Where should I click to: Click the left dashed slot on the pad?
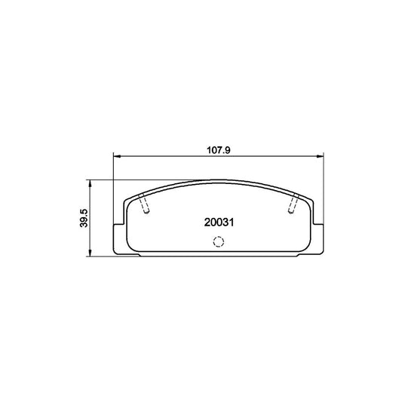click(x=145, y=204)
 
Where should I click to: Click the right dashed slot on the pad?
click(x=294, y=204)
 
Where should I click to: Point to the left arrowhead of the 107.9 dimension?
click(x=116, y=156)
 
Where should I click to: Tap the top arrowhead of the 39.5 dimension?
click(x=91, y=182)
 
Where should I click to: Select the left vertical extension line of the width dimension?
click(x=113, y=189)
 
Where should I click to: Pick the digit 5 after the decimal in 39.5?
click(x=84, y=208)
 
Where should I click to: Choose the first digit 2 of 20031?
click(x=207, y=222)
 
